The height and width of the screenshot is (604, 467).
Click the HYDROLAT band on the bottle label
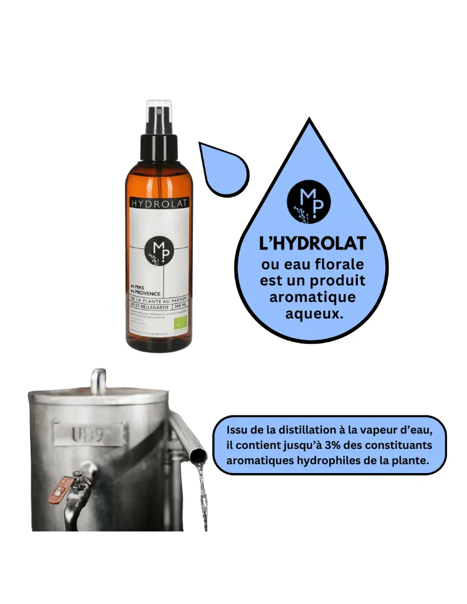click(x=159, y=203)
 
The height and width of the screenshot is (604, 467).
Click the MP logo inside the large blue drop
click(x=308, y=201)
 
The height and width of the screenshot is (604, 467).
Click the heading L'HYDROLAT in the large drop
click(x=313, y=244)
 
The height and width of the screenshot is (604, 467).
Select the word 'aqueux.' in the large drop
click(x=314, y=314)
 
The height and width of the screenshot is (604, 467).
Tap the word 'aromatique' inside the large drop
click(x=313, y=297)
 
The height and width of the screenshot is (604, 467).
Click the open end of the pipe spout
click(x=199, y=455)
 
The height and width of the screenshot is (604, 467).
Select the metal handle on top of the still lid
click(x=98, y=380)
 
